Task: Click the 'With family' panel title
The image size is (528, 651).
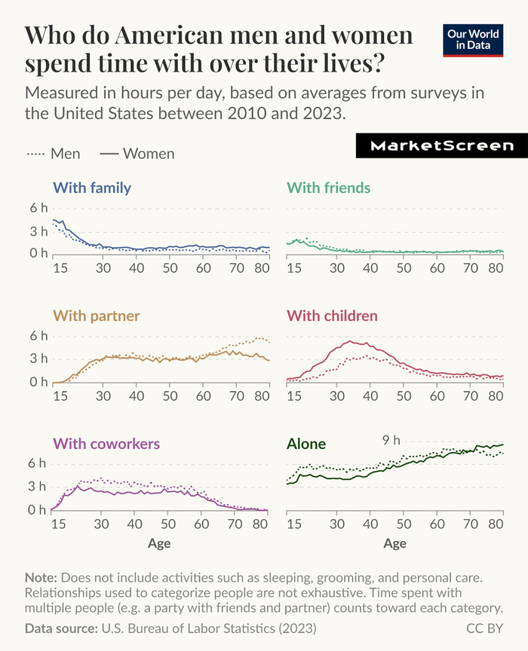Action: [x=92, y=188]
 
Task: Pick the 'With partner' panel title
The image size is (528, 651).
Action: [x=96, y=315]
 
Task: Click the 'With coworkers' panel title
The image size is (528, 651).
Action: [x=106, y=443]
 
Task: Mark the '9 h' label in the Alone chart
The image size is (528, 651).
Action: [x=391, y=439]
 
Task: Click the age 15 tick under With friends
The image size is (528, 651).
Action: [x=294, y=268]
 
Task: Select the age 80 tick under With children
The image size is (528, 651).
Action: [x=496, y=396]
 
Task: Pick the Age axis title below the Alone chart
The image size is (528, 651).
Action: [x=394, y=543]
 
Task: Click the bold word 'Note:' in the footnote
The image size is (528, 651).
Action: [x=40, y=578]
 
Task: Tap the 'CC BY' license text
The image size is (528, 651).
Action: [x=484, y=628]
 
